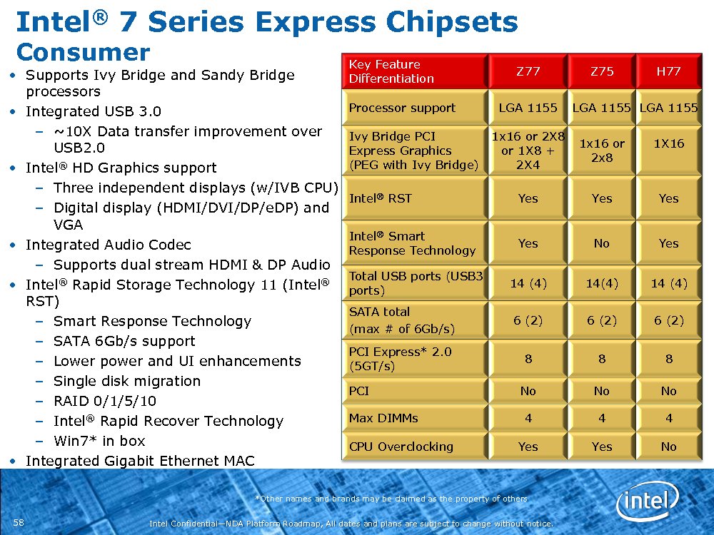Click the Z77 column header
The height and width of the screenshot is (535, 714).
point(528,71)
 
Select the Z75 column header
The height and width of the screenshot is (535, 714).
point(602,71)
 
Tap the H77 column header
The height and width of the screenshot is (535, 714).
point(668,71)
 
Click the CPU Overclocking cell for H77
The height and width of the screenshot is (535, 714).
point(668,447)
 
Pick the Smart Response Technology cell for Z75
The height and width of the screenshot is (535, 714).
point(601,243)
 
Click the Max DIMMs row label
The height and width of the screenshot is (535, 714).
point(383,418)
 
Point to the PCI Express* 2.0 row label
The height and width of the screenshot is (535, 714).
point(401,359)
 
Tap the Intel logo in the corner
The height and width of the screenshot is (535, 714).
point(648,501)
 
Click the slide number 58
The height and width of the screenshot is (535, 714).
point(19,522)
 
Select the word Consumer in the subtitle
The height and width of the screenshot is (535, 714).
point(84,52)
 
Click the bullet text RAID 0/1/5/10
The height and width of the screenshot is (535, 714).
point(105,401)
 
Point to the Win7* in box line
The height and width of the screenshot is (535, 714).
point(99,441)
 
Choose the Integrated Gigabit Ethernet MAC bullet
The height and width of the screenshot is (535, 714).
point(140,461)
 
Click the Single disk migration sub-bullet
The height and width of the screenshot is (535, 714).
point(127,381)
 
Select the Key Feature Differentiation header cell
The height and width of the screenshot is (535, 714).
point(391,71)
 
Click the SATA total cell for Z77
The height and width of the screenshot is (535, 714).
point(528,321)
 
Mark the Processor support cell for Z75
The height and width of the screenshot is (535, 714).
point(601,108)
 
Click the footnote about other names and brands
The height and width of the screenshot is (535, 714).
point(391,499)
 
